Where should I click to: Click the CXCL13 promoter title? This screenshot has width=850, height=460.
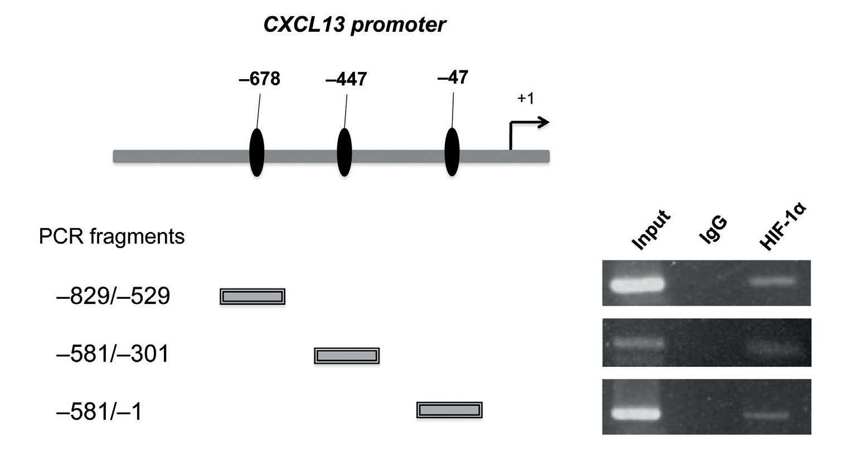click(354, 25)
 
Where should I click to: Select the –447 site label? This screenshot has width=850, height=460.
click(346, 79)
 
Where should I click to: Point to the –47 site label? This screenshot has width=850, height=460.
click(453, 77)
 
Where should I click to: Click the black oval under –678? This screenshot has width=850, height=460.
click(256, 152)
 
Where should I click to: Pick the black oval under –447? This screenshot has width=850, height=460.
click(345, 152)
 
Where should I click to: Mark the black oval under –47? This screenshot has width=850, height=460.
click(451, 152)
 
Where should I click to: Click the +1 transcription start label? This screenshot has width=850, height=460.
click(526, 99)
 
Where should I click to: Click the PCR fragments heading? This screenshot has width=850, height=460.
click(111, 237)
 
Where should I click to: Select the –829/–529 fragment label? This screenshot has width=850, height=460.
click(113, 297)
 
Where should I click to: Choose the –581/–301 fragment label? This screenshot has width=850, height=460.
click(113, 354)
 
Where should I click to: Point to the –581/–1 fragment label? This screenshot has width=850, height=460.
click(100, 413)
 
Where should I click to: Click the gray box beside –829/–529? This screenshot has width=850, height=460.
click(252, 297)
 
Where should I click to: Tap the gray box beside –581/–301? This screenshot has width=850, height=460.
click(347, 355)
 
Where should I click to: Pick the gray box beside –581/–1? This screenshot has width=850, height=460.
click(449, 410)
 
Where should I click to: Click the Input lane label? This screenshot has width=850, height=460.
click(650, 230)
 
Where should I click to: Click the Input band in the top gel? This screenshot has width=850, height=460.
click(638, 284)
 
